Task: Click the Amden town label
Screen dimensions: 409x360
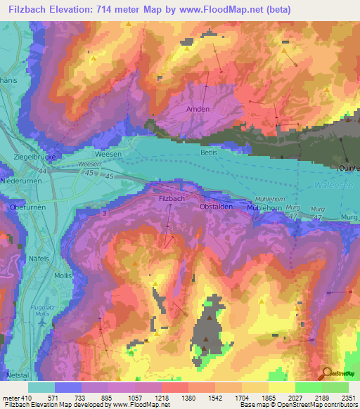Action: pos(198,109)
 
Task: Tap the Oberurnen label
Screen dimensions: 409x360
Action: pos(27,207)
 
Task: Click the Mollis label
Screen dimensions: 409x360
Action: pos(63,275)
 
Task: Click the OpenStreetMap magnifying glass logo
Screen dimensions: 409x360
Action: pos(327,374)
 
